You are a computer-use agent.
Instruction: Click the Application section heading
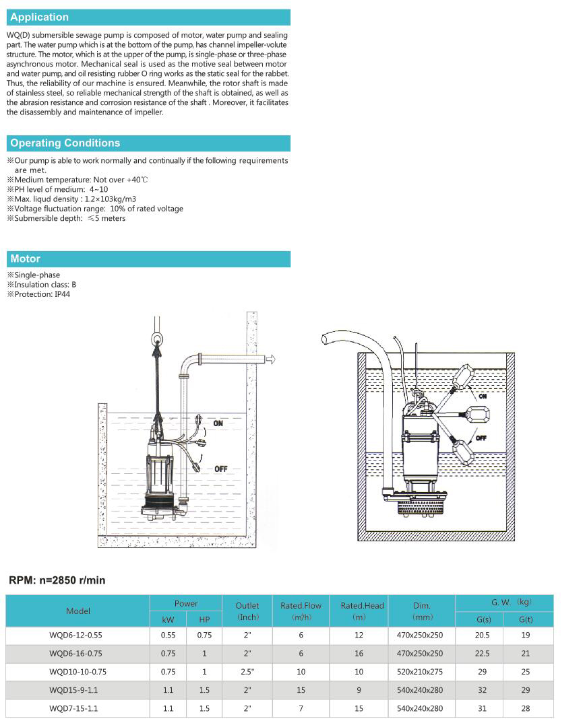coord(40,18)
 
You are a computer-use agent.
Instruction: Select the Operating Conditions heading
coord(65,143)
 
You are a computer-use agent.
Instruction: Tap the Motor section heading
coord(26,259)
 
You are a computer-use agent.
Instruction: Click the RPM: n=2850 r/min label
coord(57,580)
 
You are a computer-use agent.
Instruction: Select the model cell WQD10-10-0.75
coord(78,672)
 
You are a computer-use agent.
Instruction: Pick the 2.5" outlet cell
coord(247,672)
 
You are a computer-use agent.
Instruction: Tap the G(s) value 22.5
coord(483,654)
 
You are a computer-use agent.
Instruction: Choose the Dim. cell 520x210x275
coord(420,672)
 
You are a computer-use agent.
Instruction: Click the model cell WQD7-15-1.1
coord(73,708)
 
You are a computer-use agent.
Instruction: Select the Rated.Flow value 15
coord(301,690)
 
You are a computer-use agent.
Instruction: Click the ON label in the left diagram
coord(218,423)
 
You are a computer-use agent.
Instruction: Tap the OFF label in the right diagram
coord(481,438)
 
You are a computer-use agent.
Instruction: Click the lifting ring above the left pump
coord(156,339)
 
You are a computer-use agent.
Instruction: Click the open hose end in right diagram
coord(326,339)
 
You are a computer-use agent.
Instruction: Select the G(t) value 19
coord(526,635)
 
